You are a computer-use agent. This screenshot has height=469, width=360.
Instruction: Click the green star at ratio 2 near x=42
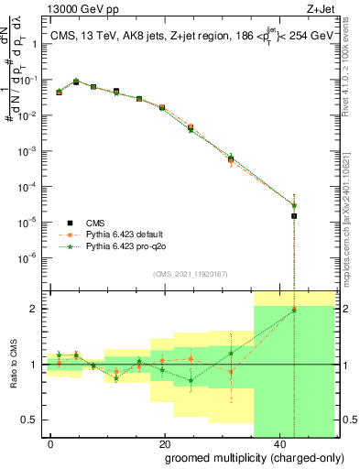click(x=294, y=310)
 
